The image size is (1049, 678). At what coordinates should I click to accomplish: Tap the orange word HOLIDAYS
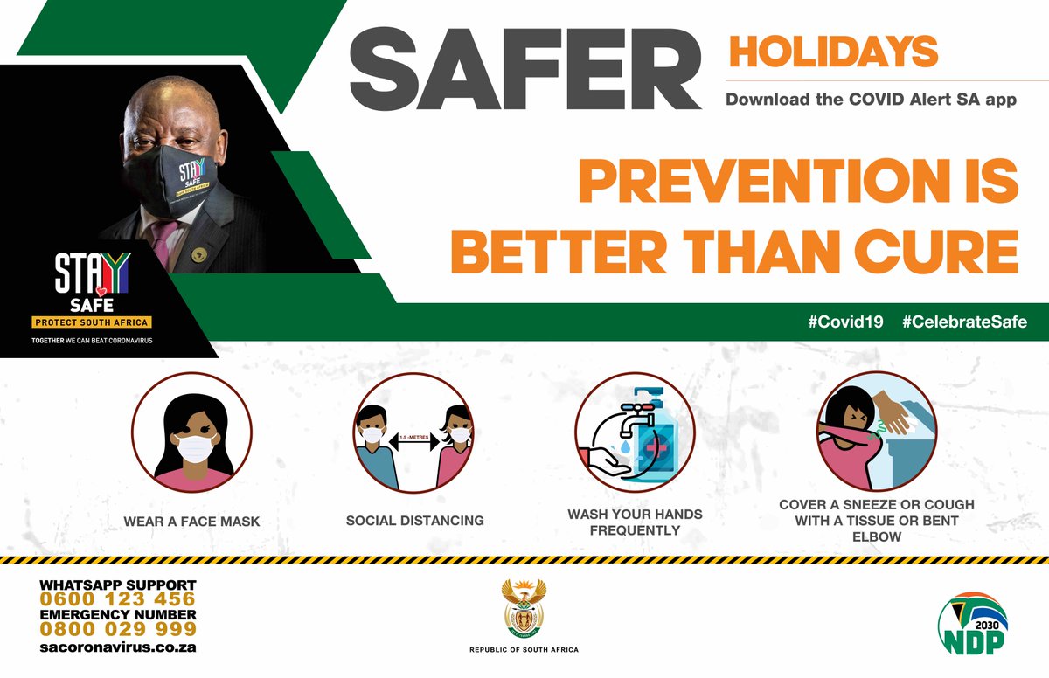pyautogui.click(x=833, y=52)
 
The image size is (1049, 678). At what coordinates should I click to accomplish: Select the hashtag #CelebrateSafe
pyautogui.click(x=964, y=322)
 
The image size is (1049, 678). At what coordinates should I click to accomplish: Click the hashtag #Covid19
pyautogui.click(x=844, y=322)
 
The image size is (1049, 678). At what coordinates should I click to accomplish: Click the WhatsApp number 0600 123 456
pyautogui.click(x=118, y=599)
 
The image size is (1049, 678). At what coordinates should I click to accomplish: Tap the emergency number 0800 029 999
pyautogui.click(x=118, y=629)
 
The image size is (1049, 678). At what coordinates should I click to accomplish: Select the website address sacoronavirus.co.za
pyautogui.click(x=118, y=647)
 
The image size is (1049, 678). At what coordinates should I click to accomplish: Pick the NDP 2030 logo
pyautogui.click(x=972, y=623)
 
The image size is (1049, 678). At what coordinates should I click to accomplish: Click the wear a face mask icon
pyautogui.click(x=191, y=433)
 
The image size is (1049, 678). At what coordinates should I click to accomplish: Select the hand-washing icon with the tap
pyautogui.click(x=635, y=433)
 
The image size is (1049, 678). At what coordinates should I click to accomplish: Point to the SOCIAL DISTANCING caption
pyautogui.click(x=414, y=521)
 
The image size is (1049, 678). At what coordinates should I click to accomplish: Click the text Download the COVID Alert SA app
pyautogui.click(x=871, y=100)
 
